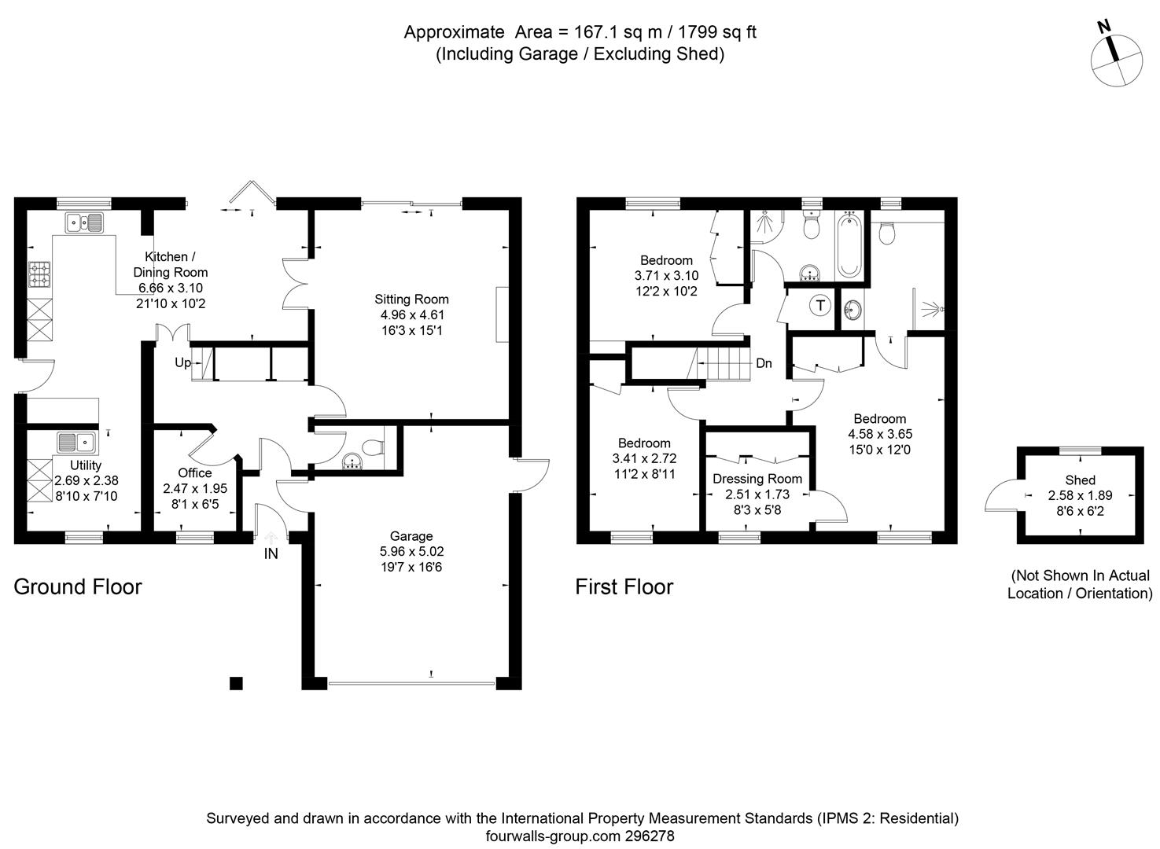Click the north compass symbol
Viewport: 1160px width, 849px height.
coord(1116,61)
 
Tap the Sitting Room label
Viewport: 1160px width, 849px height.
coord(411,300)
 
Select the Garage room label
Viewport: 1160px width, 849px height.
coord(411,537)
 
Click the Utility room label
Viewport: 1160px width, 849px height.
coord(85,465)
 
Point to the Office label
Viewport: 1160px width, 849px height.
coord(194,472)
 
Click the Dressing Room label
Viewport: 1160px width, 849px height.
coord(757,479)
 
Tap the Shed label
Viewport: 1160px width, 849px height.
coord(1080,480)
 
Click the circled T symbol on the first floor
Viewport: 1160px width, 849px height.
coord(820,305)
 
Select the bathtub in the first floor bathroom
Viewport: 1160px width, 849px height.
coord(849,245)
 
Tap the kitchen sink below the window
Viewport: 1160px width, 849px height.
coord(84,223)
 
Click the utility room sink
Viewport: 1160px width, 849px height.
coord(75,442)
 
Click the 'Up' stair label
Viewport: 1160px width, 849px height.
coord(182,362)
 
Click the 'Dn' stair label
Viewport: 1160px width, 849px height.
coord(764,363)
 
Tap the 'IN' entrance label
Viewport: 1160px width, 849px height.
coord(271,554)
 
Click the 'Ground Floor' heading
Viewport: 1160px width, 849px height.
coord(78,587)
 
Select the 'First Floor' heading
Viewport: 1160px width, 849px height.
coord(624,587)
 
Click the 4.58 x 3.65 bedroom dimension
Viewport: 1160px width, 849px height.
coord(879,434)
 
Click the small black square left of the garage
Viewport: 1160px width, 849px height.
coord(236,682)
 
